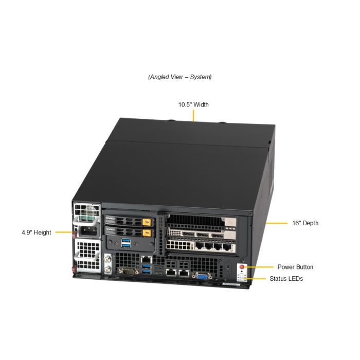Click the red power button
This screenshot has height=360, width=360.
click(x=242, y=267)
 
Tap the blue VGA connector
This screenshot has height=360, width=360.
click(x=202, y=276)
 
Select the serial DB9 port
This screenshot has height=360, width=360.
click(x=129, y=272)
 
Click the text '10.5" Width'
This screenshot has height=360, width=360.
click(x=193, y=105)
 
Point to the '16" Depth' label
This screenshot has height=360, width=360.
click(x=305, y=223)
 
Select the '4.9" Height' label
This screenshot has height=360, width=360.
click(x=37, y=232)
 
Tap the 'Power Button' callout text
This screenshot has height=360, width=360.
click(x=295, y=267)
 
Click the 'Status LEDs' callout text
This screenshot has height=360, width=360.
click(x=286, y=279)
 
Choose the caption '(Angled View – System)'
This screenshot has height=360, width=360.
click(x=180, y=77)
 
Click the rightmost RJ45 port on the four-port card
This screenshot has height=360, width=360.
click(x=227, y=247)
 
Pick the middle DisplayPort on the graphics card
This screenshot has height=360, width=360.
click(x=203, y=235)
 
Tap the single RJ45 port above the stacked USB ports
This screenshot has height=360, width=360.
click(x=146, y=260)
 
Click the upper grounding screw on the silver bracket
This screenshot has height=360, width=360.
click(x=107, y=259)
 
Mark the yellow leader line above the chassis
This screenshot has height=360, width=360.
click(x=193, y=116)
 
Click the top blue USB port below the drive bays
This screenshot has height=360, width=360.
click(x=125, y=241)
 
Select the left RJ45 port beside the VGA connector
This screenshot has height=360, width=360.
click(x=171, y=273)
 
